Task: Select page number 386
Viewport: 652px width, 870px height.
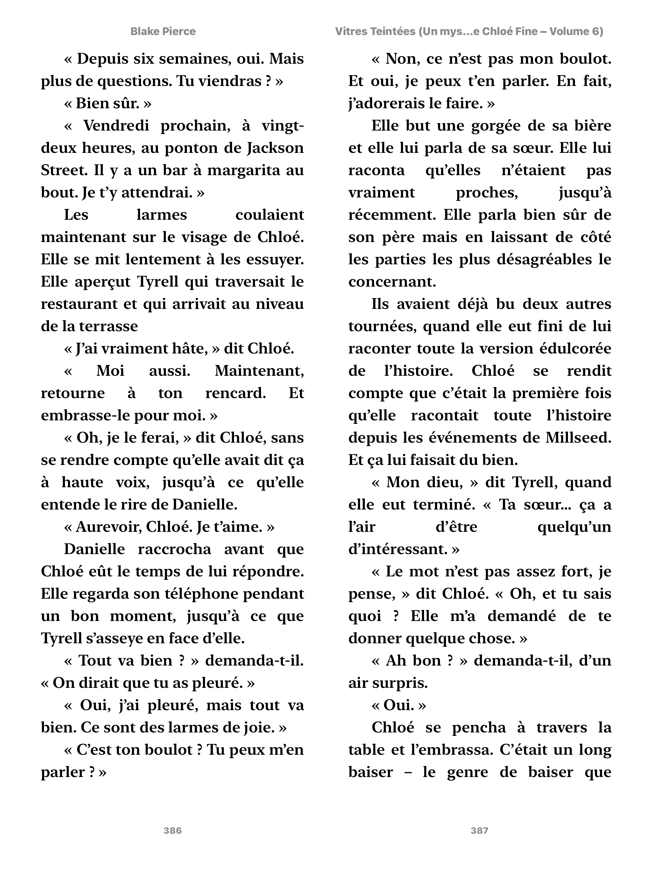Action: pos(173,830)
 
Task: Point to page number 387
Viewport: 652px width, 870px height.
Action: pos(479,830)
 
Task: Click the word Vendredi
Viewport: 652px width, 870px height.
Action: pos(116,126)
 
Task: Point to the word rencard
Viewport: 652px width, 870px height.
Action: pos(236,393)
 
